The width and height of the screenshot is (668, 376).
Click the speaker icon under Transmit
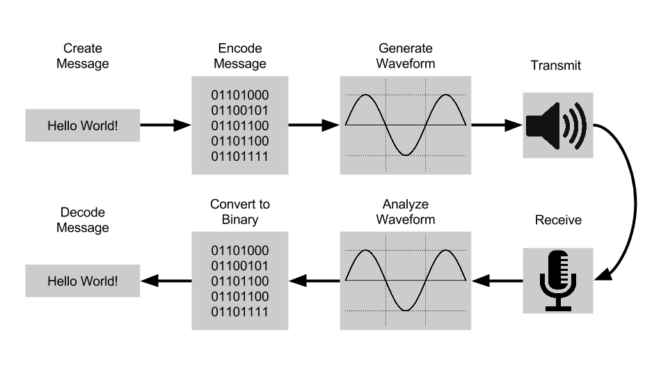(x=557, y=126)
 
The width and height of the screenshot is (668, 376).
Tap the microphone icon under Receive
(x=557, y=281)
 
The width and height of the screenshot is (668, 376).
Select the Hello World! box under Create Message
(x=83, y=125)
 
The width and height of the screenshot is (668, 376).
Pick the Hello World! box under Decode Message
(x=83, y=281)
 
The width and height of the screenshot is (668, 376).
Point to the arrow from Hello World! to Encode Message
(x=166, y=125)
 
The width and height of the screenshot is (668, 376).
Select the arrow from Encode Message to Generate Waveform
(x=314, y=125)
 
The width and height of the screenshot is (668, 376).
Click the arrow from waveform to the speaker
(x=497, y=125)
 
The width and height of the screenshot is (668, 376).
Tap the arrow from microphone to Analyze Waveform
(x=497, y=281)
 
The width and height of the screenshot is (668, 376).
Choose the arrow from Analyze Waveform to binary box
(x=315, y=281)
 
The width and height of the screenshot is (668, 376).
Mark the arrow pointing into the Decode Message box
(x=166, y=281)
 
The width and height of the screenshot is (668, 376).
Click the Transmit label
(x=555, y=65)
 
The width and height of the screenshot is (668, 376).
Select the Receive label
(x=558, y=220)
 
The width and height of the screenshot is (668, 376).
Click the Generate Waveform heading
(x=406, y=56)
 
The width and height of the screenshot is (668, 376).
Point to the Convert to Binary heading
(x=240, y=212)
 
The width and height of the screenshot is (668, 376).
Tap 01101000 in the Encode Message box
(x=240, y=95)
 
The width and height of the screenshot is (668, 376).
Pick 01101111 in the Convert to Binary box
(x=240, y=312)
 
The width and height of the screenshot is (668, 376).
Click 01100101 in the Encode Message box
(x=240, y=111)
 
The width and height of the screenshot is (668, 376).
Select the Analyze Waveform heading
(x=406, y=212)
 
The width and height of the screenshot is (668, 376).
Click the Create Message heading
(x=83, y=56)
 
